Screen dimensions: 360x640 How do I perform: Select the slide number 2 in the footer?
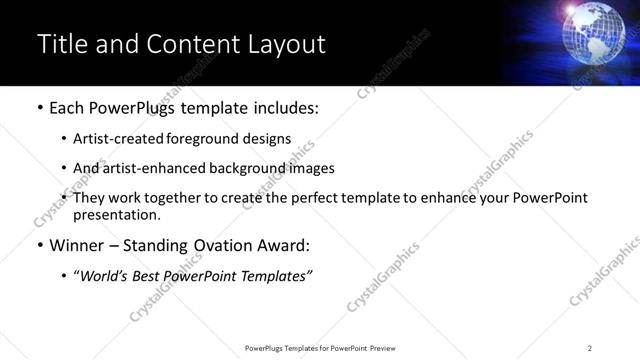tap(590, 348)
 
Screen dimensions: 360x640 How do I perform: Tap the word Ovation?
tap(226, 245)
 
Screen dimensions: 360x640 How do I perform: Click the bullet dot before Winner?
tap(39, 245)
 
